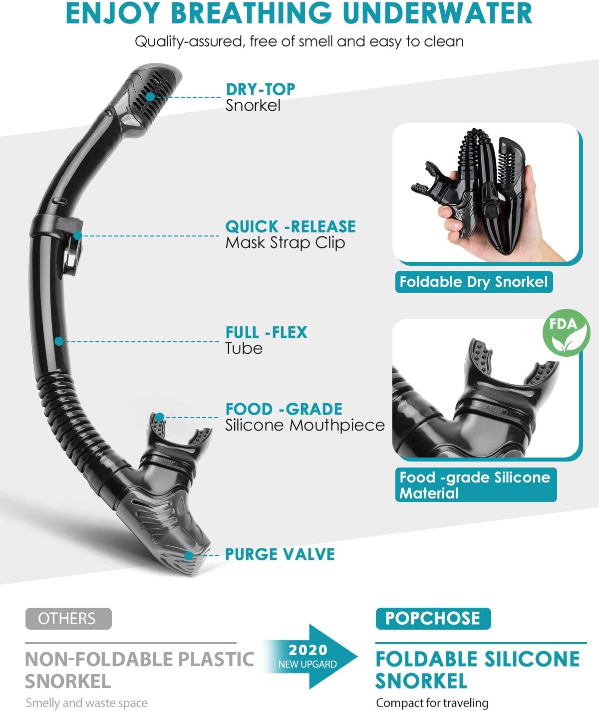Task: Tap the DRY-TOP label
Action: pyautogui.click(x=260, y=89)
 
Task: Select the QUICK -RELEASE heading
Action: pyautogui.click(x=291, y=227)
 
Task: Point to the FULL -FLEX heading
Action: pyautogui.click(x=266, y=332)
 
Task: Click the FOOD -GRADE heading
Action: pyautogui.click(x=284, y=409)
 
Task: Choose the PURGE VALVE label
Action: pyautogui.click(x=280, y=554)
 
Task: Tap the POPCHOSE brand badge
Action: pyautogui.click(x=433, y=618)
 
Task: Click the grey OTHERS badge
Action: pyautogui.click(x=68, y=619)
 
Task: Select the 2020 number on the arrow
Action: pyautogui.click(x=308, y=650)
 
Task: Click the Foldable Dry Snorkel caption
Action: pyautogui.click(x=474, y=282)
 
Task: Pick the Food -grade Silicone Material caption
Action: pyautogui.click(x=475, y=485)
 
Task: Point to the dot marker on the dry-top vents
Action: pyautogui.click(x=150, y=96)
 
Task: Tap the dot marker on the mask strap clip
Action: pyautogui.click(x=77, y=236)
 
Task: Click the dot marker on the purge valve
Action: pyautogui.click(x=189, y=555)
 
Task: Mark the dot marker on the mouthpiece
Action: pyautogui.click(x=159, y=417)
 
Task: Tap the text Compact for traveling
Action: pyautogui.click(x=432, y=703)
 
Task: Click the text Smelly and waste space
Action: pyautogui.click(x=86, y=703)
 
